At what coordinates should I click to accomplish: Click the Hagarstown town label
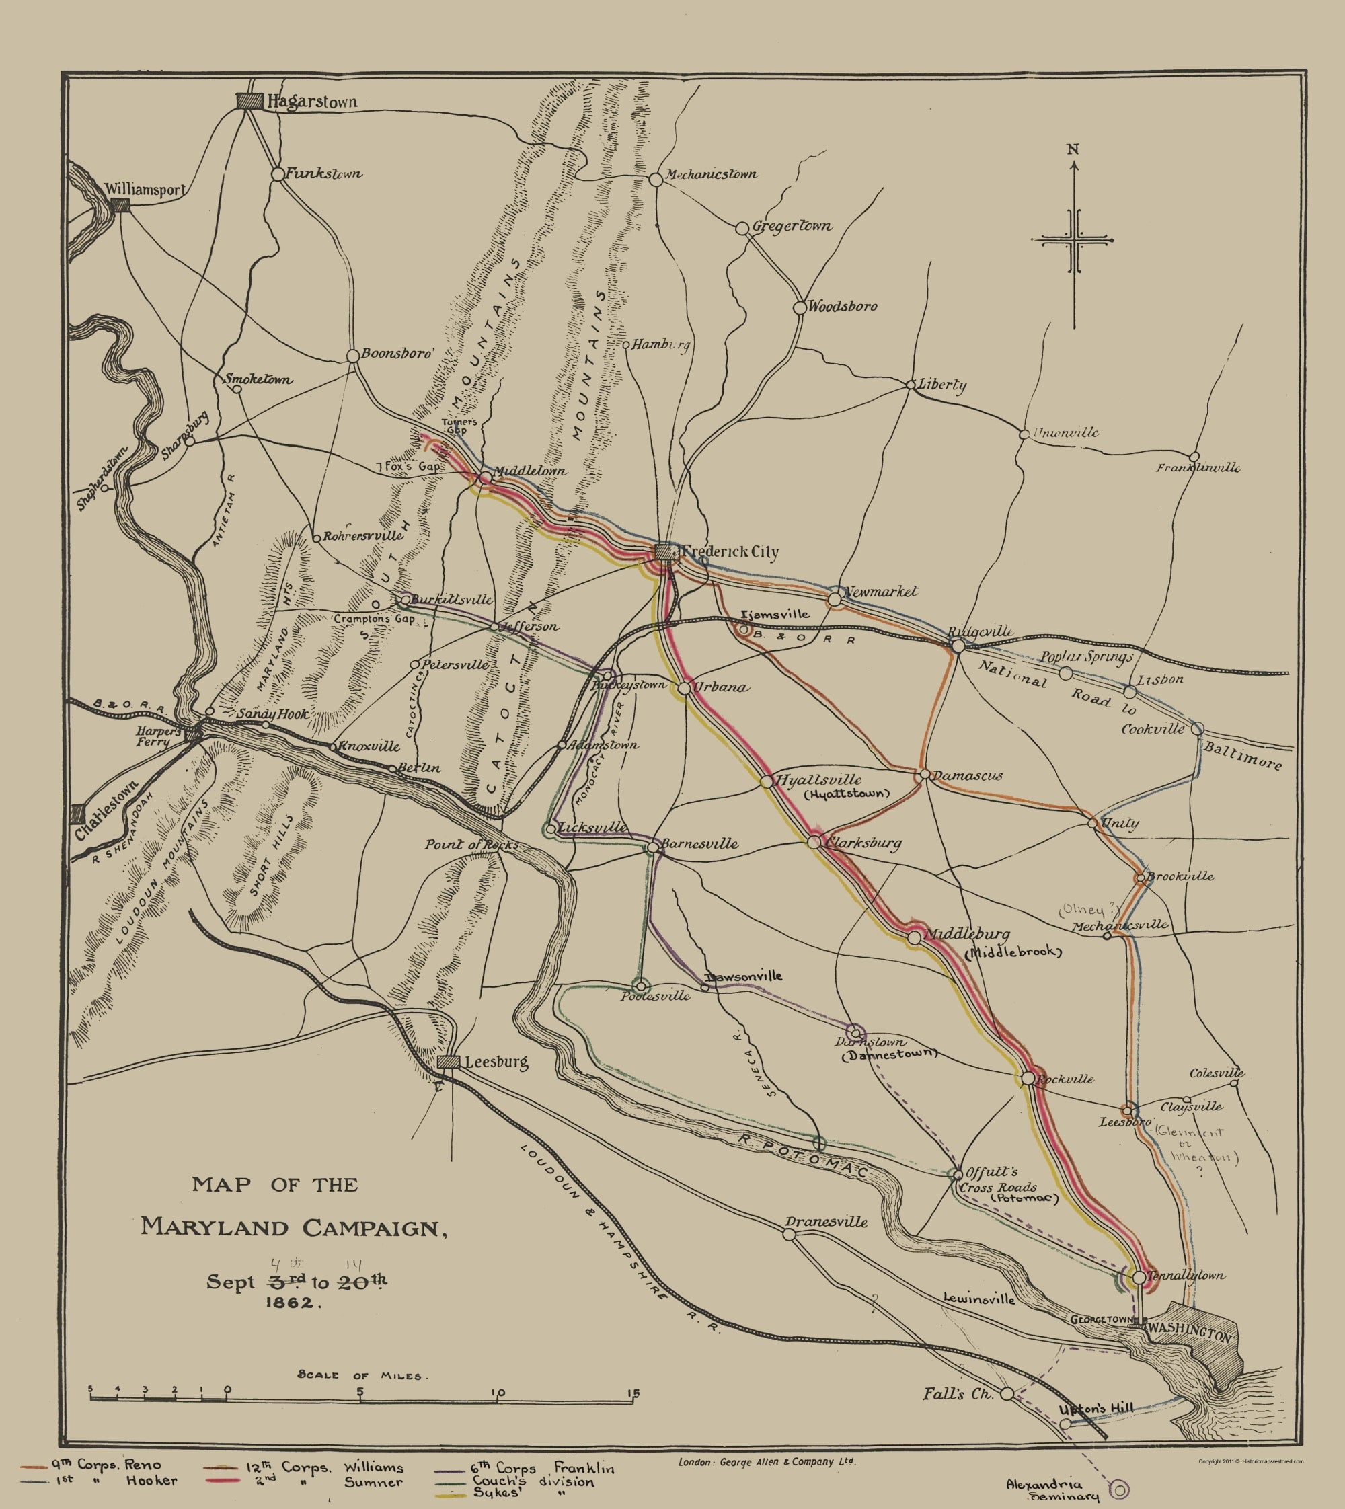point(311,102)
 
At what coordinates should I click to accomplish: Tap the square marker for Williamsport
point(120,206)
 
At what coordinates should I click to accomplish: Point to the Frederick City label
point(730,553)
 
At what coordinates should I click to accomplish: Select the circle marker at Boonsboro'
point(353,356)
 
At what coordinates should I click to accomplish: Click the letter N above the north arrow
point(1073,149)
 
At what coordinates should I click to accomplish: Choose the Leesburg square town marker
point(448,1062)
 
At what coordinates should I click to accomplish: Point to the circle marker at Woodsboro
point(800,307)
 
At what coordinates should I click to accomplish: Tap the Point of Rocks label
point(471,845)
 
